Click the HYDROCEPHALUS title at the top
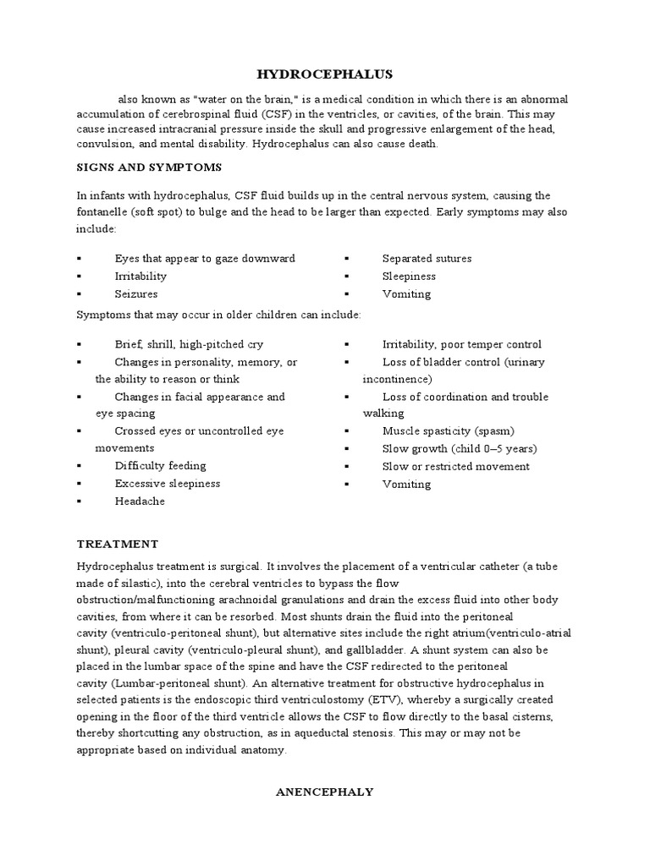click(325, 75)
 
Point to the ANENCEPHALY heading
click(325, 792)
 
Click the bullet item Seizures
click(136, 294)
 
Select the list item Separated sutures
click(427, 259)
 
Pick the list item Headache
click(140, 502)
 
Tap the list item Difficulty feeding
click(160, 466)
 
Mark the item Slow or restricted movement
click(455, 467)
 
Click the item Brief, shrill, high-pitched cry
click(189, 344)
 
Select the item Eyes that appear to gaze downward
click(205, 259)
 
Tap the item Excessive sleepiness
click(167, 484)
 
